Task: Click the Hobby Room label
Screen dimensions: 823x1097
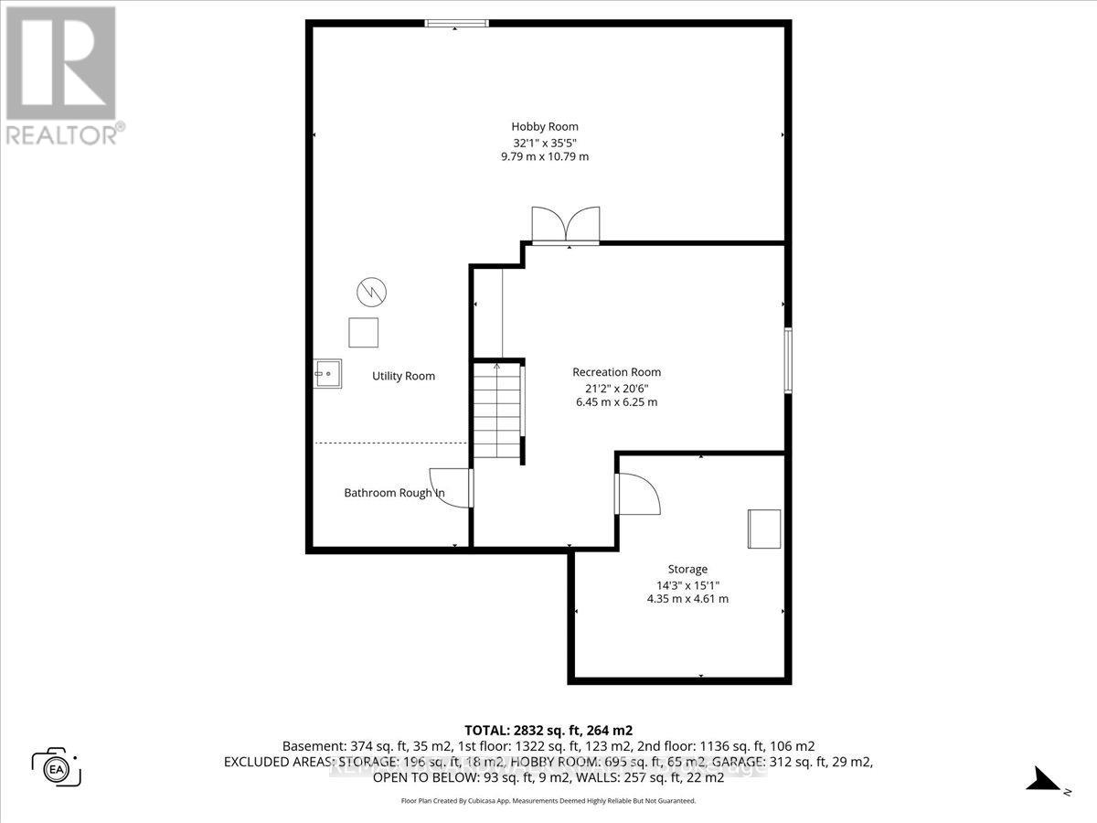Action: pyautogui.click(x=545, y=127)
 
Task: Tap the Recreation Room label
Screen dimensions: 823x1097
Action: pyautogui.click(x=616, y=372)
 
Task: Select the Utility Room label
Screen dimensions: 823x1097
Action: pyautogui.click(x=403, y=376)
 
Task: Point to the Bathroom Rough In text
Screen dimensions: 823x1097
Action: pyautogui.click(x=394, y=493)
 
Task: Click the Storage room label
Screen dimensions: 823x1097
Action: pyautogui.click(x=687, y=569)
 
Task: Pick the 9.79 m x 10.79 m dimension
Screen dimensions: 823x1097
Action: pyautogui.click(x=545, y=156)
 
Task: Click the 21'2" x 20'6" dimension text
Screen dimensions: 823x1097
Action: pyautogui.click(x=614, y=388)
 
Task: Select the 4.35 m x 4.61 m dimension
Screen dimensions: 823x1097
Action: pyautogui.click(x=687, y=599)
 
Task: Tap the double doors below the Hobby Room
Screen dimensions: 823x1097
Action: pyautogui.click(x=567, y=225)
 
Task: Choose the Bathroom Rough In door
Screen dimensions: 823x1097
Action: pyautogui.click(x=451, y=488)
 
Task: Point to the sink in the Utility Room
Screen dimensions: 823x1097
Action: pyautogui.click(x=327, y=373)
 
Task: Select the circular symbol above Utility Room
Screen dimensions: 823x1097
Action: pyautogui.click(x=371, y=293)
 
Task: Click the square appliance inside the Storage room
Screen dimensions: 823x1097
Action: pyautogui.click(x=763, y=529)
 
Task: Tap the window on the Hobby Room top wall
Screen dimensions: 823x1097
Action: pyautogui.click(x=457, y=24)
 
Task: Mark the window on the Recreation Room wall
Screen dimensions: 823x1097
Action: pyautogui.click(x=787, y=361)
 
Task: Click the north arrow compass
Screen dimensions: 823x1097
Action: pyautogui.click(x=1042, y=780)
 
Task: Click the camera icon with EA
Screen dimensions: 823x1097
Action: pyautogui.click(x=57, y=766)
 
